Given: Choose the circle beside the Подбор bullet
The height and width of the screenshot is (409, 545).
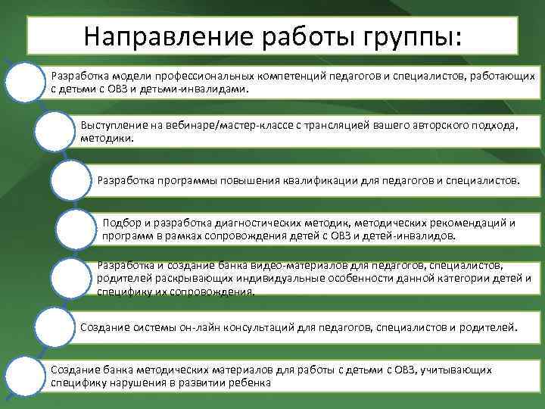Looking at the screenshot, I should pos(79,228).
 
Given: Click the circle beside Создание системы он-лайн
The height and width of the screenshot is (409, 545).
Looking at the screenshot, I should pos(54,326).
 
